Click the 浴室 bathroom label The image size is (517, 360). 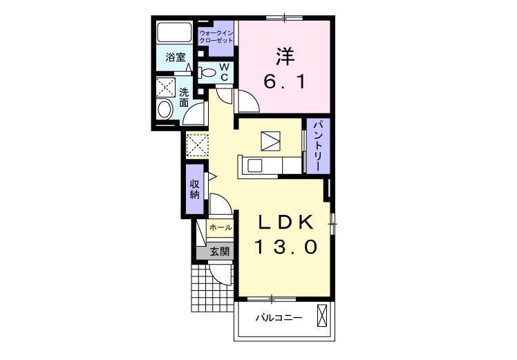[175, 57]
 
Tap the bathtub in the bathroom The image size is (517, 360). [174, 32]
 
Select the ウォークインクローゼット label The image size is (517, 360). [216, 37]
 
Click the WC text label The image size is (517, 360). [224, 72]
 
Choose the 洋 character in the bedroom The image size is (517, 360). [285, 57]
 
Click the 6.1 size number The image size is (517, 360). [285, 82]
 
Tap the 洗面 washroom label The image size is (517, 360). [184, 97]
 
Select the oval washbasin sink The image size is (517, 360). [165, 109]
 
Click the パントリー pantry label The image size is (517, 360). [318, 146]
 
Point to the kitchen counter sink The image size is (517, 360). [254, 165]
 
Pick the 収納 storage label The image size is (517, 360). [194, 189]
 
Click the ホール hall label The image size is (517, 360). [220, 227]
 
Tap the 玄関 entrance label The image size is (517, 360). [220, 252]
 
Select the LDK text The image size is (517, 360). [285, 222]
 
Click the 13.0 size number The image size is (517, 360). [285, 247]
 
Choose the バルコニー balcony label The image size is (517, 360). [279, 318]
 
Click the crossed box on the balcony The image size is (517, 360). [323, 316]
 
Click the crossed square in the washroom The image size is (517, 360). [165, 87]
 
